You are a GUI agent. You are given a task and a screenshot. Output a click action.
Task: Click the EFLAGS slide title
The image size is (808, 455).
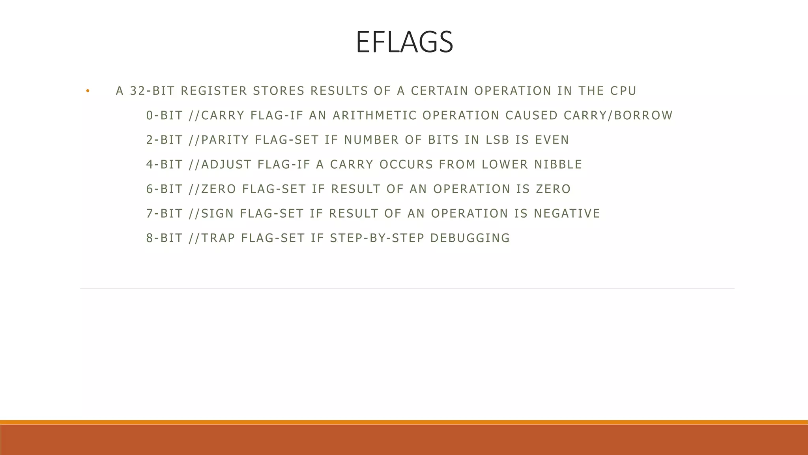(404, 42)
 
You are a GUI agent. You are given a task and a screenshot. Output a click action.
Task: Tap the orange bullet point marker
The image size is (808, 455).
(88, 91)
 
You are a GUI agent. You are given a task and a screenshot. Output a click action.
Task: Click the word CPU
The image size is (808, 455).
(623, 91)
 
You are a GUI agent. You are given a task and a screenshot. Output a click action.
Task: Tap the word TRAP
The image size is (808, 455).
(219, 238)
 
